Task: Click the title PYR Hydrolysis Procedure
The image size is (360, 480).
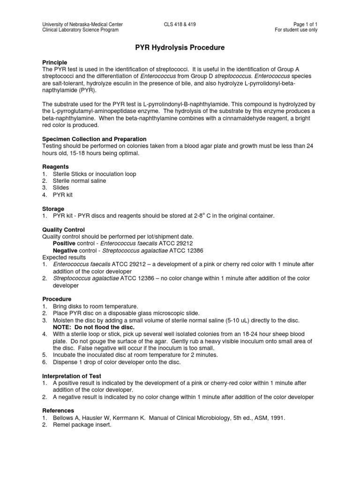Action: tap(180, 48)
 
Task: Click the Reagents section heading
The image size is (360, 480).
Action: tap(55, 167)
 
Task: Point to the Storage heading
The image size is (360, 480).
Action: tap(53, 209)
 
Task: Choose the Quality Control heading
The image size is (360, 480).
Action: tap(63, 230)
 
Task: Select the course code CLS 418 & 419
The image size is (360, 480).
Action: tap(180, 23)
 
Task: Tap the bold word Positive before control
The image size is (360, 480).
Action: tap(63, 243)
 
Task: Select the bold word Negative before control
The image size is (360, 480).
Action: tap(65, 250)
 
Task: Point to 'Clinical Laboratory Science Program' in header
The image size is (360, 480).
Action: tap(80, 30)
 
